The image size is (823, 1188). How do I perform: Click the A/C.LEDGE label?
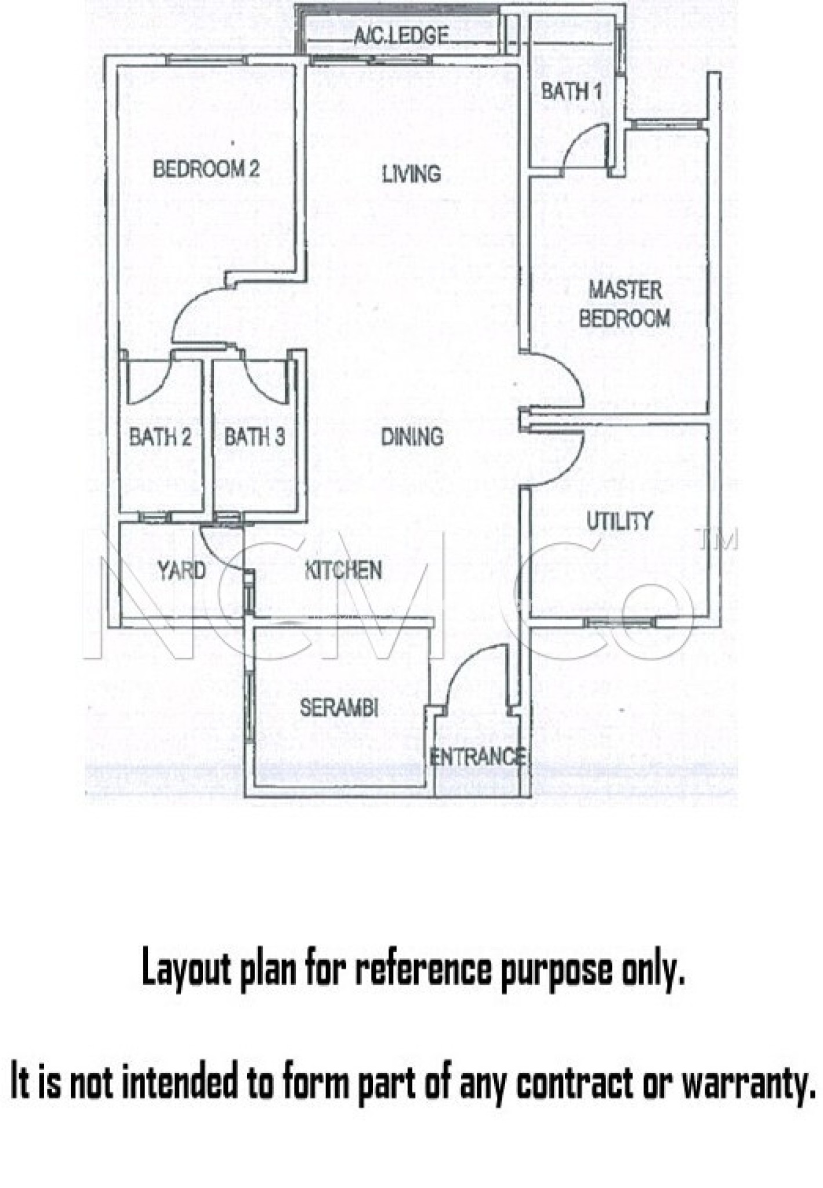point(401,36)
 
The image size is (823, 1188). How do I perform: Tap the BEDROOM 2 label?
point(206,169)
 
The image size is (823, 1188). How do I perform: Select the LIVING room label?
point(411,173)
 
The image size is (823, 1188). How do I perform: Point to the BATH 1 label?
point(571,92)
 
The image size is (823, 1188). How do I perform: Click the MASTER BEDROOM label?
point(625,304)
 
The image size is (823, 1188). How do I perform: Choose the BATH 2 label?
point(160,437)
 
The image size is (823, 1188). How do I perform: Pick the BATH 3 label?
point(255,437)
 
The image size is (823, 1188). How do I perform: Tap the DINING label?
point(412,437)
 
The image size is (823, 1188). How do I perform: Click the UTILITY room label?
point(620,521)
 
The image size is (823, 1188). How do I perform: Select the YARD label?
point(182,570)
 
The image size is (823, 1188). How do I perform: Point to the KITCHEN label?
point(343,570)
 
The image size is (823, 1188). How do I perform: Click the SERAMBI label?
point(339,707)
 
